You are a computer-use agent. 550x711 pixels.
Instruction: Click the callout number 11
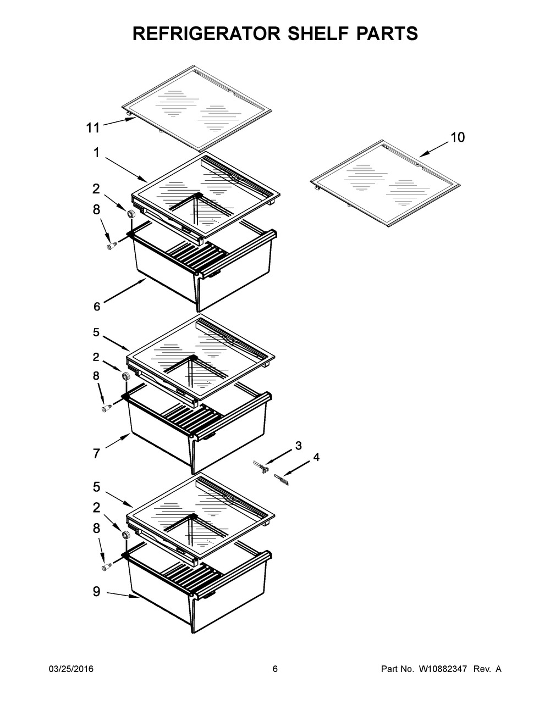[93, 128]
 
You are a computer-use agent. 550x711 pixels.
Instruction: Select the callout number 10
[458, 137]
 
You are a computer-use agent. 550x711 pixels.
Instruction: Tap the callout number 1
[96, 153]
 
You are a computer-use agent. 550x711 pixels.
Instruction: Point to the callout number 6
[97, 307]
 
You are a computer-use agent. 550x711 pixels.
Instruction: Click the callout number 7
[96, 453]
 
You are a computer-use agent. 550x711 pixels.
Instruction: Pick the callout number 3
[298, 446]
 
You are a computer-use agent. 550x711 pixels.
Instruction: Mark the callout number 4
[316, 457]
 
